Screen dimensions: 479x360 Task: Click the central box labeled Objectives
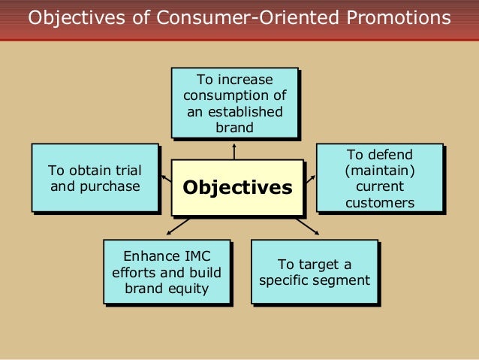(237, 187)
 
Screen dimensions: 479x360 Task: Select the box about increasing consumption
(234, 103)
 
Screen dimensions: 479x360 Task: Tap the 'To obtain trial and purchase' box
(95, 177)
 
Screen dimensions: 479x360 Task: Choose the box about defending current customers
(378, 177)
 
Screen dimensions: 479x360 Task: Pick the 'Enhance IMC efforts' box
(166, 271)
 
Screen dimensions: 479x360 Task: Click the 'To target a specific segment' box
(314, 271)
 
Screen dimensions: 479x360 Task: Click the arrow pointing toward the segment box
(308, 226)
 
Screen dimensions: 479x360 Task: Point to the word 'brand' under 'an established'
(234, 128)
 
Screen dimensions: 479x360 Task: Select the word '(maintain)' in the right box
(378, 171)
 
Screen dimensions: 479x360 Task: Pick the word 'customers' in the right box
(379, 203)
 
